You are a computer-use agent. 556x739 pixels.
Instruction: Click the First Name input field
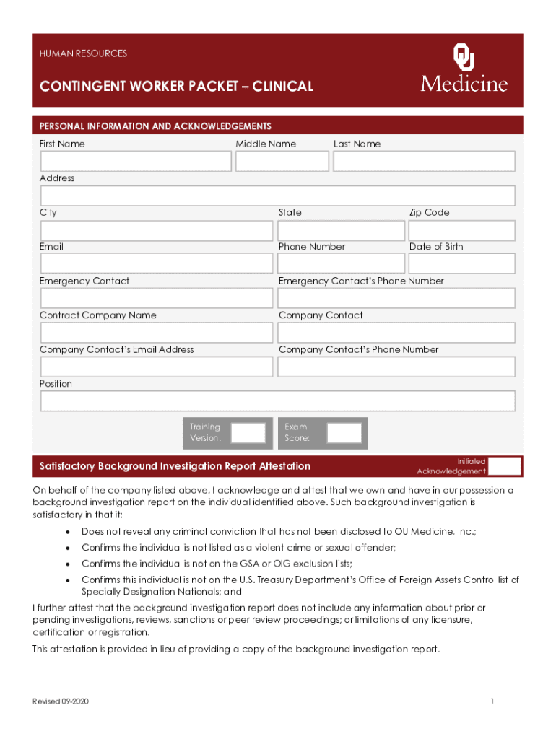136,162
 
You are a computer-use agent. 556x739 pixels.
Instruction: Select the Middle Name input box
281,162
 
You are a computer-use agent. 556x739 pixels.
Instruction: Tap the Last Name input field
424,162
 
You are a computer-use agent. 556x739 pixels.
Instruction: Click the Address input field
278,196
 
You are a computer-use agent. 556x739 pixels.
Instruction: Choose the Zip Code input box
461,230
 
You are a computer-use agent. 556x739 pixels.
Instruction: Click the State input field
341,230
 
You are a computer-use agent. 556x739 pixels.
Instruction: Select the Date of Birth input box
461,264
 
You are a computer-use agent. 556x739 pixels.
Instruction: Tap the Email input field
157,264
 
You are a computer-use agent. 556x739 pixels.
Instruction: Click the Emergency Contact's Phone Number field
396,298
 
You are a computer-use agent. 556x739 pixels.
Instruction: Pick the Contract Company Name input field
157,333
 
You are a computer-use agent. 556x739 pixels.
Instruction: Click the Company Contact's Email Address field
157,367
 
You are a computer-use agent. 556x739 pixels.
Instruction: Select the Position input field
278,401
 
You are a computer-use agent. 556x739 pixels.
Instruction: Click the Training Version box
248,433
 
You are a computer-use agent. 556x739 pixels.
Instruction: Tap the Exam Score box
344,433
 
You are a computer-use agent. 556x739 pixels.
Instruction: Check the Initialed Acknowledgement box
505,466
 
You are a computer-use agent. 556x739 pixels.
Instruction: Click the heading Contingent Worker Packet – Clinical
177,87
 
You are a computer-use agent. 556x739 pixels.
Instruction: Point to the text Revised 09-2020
61,701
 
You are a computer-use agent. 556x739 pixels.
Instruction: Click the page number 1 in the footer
491,701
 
